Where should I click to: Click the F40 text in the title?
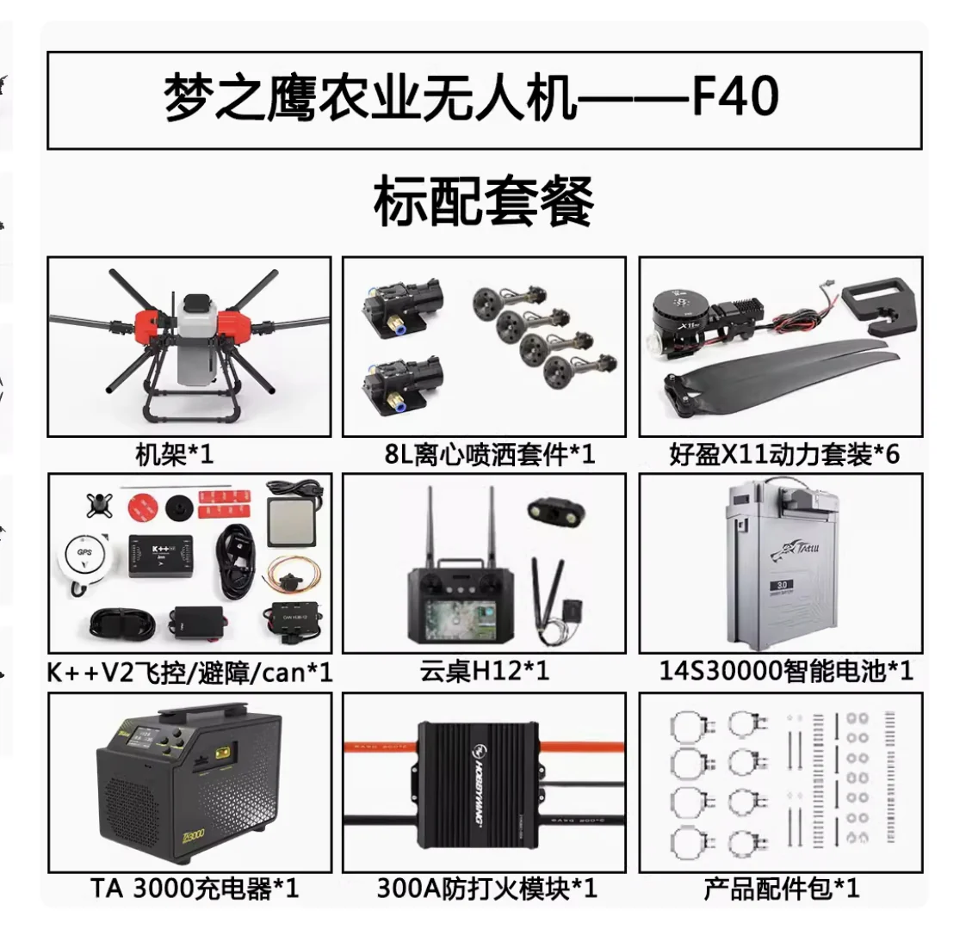coord(736,99)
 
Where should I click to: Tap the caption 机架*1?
coord(174,454)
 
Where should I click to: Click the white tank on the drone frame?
coord(195,344)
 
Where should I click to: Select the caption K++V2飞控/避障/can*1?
coord(189,672)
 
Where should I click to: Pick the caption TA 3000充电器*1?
coord(195,889)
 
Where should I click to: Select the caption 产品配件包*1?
coord(781,889)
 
